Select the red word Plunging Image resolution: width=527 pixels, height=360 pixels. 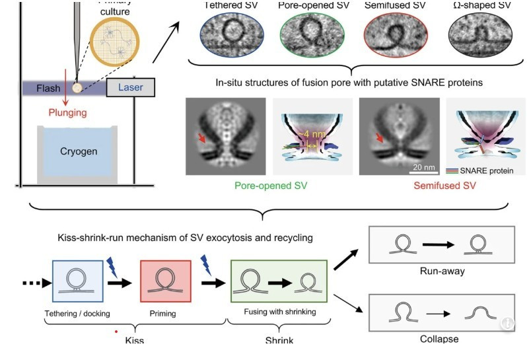[67, 113]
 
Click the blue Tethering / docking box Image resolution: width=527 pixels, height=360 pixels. [77, 281]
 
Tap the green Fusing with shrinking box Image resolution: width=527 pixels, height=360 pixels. [278, 281]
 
